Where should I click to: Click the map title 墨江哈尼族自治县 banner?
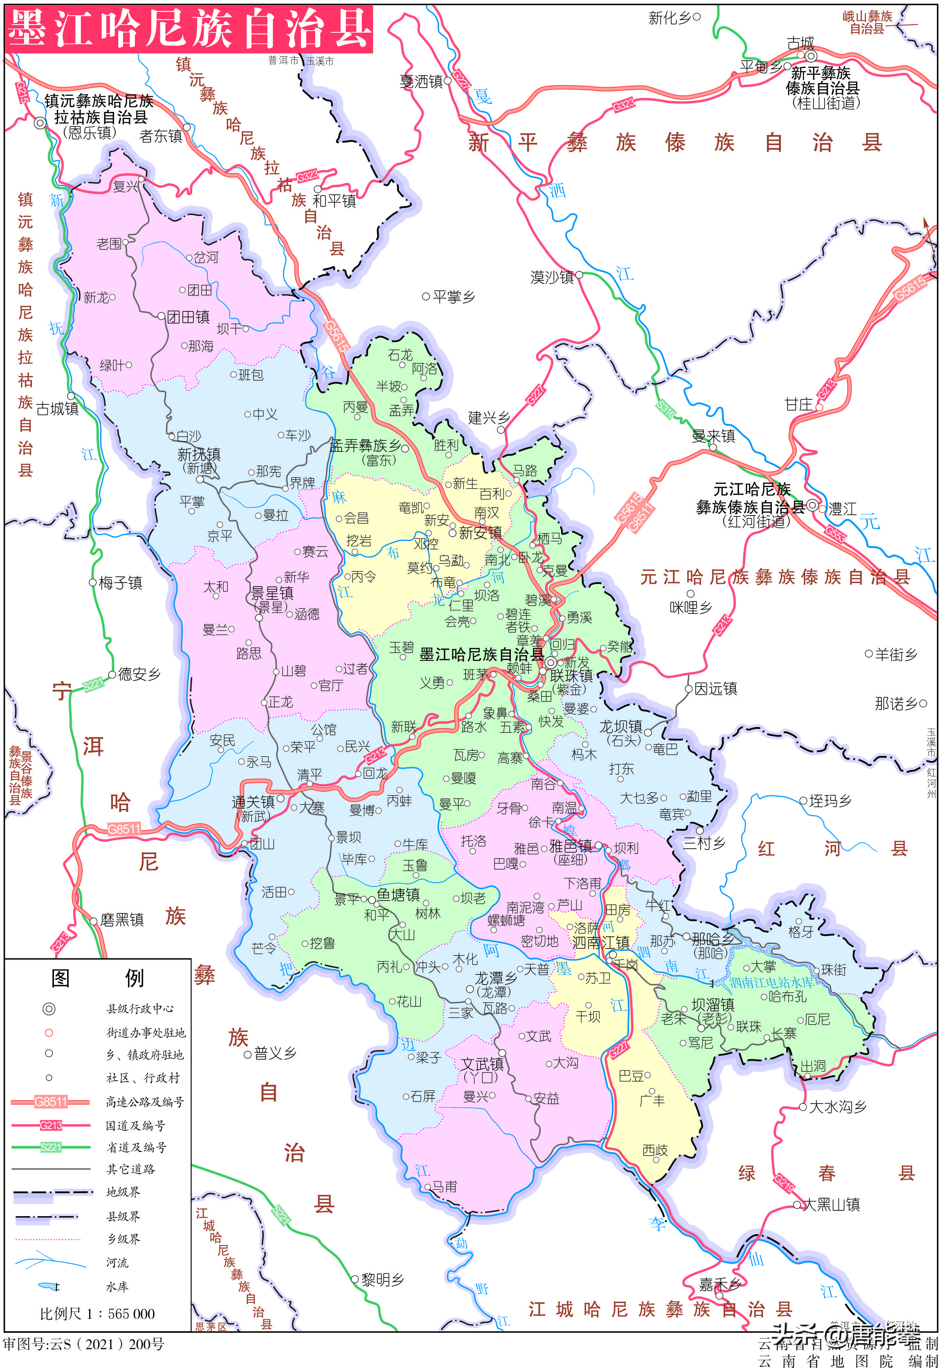[x=189, y=28]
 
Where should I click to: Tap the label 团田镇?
[x=188, y=317]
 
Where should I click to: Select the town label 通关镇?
[x=253, y=802]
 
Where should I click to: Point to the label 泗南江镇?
[x=601, y=942]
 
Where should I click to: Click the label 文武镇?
[x=482, y=1064]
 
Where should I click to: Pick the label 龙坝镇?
[x=621, y=726]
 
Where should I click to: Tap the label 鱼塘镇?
[x=398, y=895]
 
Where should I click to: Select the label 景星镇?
[x=272, y=593]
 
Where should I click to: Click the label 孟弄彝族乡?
[x=365, y=446]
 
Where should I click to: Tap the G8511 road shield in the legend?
[x=51, y=1102]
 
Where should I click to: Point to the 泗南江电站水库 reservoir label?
[x=771, y=983]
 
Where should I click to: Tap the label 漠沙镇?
[x=552, y=277]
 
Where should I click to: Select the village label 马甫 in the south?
[x=444, y=1187]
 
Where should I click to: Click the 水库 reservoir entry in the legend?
[x=116, y=1287]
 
